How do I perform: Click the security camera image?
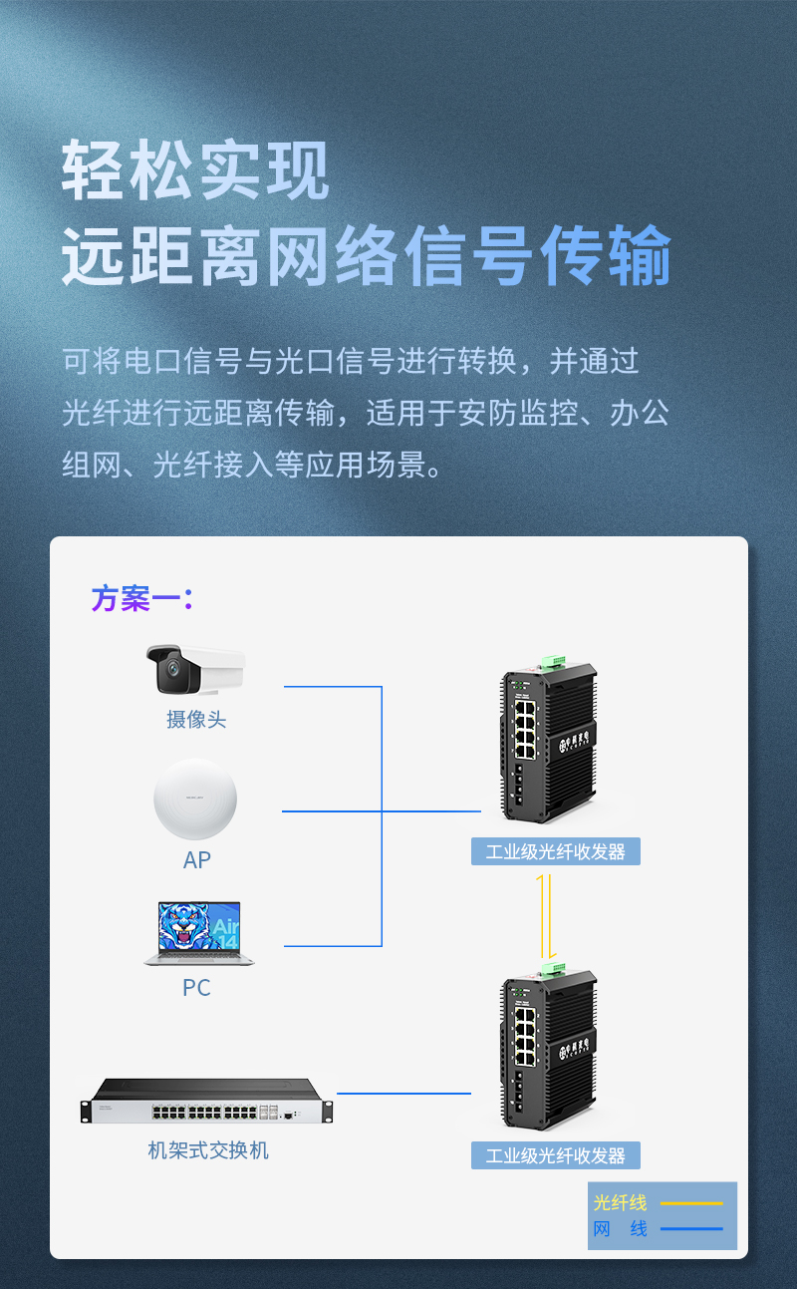point(195,669)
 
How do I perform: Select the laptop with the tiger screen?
point(199,933)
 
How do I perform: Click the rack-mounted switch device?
point(204,1101)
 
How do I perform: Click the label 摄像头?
point(196,719)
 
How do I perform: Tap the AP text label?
point(197,859)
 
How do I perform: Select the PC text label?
point(196,987)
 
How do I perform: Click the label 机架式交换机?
point(208,1150)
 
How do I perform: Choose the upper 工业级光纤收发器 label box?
point(555,851)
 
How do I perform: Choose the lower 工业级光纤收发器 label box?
point(555,1155)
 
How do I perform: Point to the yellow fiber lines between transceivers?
point(543,915)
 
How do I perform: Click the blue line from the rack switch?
point(403,1094)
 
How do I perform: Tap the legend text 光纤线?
point(620,1202)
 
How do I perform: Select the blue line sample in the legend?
point(691,1228)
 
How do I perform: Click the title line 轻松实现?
point(195,170)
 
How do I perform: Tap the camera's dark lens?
point(169,674)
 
